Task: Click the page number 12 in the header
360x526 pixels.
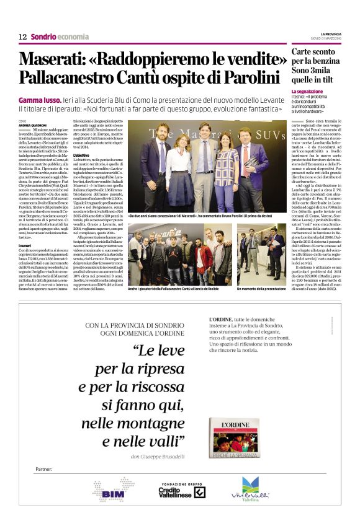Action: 22,37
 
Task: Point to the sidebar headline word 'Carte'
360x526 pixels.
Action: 305,51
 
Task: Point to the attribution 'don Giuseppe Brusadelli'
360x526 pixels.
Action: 157,457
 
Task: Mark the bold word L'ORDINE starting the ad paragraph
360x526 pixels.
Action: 220,320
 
